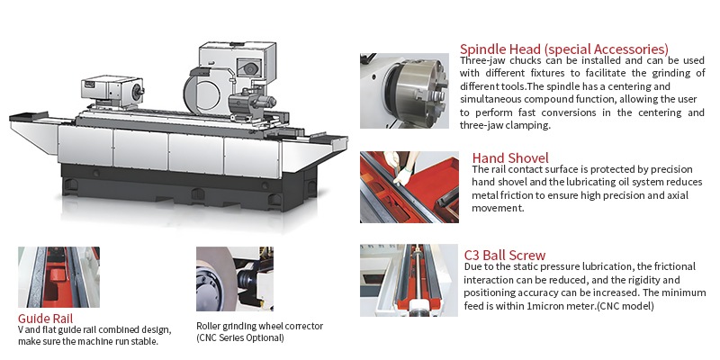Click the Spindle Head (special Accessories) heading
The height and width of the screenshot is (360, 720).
point(564,49)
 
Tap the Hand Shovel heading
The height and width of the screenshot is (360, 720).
point(510,158)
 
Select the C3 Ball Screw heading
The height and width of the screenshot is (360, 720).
point(505,256)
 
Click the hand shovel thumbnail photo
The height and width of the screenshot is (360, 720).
point(403,186)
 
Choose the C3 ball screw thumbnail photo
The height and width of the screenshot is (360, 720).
point(403,279)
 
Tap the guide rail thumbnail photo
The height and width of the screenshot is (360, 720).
point(59,277)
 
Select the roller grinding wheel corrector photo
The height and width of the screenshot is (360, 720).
point(234,278)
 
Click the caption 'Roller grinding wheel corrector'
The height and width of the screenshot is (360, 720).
point(259,325)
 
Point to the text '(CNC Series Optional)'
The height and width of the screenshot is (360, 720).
point(239,337)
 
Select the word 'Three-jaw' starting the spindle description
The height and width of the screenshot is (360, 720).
point(483,60)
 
